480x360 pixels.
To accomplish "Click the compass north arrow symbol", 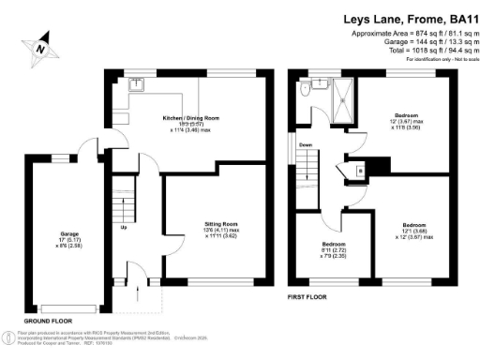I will coord(41,44).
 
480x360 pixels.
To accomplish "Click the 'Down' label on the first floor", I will coord(306,145).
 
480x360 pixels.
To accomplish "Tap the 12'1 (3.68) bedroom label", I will coord(412,232).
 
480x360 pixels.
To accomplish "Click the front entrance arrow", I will coord(138,294).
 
